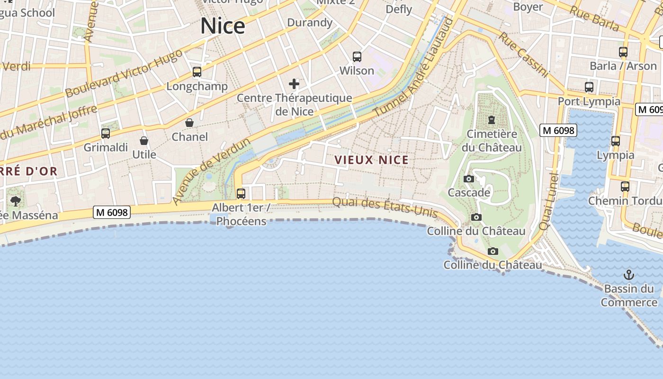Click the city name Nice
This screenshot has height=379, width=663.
(x=223, y=26)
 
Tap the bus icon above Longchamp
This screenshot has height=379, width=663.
(x=197, y=72)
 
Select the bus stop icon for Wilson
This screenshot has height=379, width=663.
(x=357, y=57)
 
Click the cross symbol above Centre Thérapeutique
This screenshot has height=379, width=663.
(x=294, y=84)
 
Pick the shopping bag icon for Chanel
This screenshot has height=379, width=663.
(x=189, y=123)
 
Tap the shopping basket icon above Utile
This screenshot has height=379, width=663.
(x=144, y=141)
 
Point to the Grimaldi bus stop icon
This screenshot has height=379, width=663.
(x=106, y=134)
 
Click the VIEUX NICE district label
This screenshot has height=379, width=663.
(x=372, y=160)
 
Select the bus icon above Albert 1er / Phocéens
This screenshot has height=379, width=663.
(x=241, y=193)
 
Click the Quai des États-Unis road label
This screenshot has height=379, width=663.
(x=385, y=207)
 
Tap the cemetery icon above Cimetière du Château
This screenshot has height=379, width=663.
(x=492, y=120)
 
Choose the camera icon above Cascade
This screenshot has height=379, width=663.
(x=469, y=179)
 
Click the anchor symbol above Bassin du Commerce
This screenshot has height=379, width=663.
(x=628, y=275)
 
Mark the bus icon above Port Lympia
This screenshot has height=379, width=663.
(x=589, y=87)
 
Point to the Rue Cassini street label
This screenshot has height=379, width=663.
(x=523, y=54)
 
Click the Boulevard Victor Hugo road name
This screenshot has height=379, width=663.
(x=123, y=73)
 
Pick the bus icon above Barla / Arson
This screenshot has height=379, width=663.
(x=623, y=52)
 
